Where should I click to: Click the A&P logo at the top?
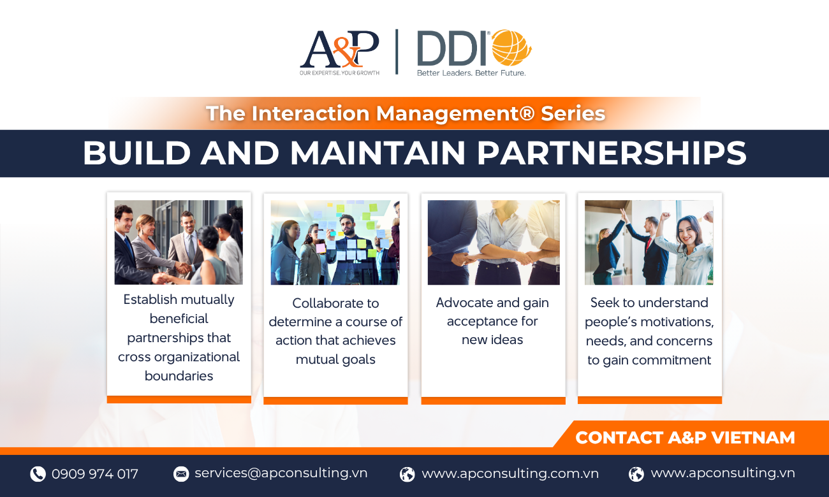click(x=339, y=52)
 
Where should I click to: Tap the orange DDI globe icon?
click(x=511, y=48)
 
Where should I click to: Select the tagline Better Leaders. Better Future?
click(x=471, y=73)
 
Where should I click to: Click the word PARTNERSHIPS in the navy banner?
click(x=612, y=153)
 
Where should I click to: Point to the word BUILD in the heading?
click(x=136, y=153)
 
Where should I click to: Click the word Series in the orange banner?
click(x=573, y=113)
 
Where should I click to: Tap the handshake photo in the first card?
click(x=179, y=242)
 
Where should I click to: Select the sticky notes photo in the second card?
click(x=335, y=242)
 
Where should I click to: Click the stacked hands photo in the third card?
click(x=494, y=242)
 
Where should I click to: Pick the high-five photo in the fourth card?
click(x=649, y=242)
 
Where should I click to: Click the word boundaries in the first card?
click(x=179, y=376)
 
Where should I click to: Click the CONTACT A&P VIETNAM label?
click(x=685, y=438)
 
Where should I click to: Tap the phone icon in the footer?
click(x=38, y=473)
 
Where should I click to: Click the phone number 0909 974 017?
click(x=95, y=473)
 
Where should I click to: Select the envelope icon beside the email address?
click(x=181, y=473)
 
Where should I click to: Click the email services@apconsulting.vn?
click(x=281, y=473)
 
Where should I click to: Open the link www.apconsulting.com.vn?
click(x=510, y=473)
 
